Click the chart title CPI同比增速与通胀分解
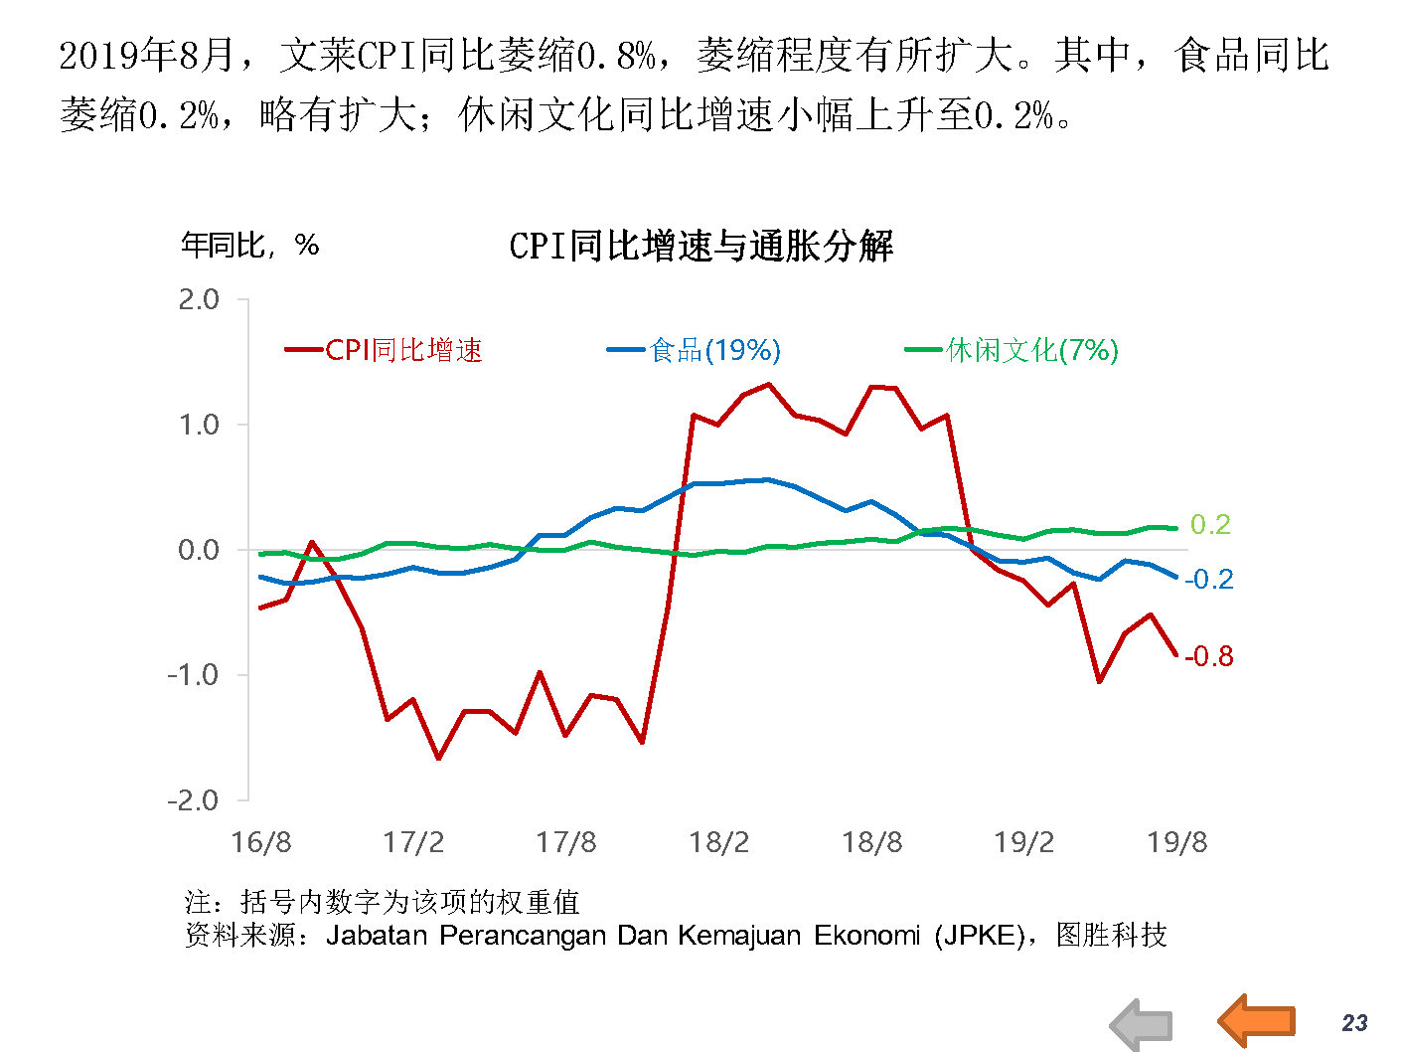click(x=701, y=246)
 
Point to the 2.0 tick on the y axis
click(x=199, y=299)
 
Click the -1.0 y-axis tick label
click(x=194, y=675)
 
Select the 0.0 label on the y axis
click(x=199, y=550)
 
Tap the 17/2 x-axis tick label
click(x=413, y=842)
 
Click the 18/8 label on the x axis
click(x=871, y=842)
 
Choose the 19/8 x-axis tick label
click(x=1176, y=842)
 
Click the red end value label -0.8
click(x=1209, y=656)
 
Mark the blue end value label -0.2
click(x=1209, y=579)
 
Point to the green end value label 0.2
click(x=1210, y=524)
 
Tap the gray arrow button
click(x=1142, y=1025)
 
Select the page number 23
click(x=1354, y=1023)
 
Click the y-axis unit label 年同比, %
click(x=249, y=245)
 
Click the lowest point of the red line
click(x=438, y=759)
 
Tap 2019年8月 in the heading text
click(x=146, y=55)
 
